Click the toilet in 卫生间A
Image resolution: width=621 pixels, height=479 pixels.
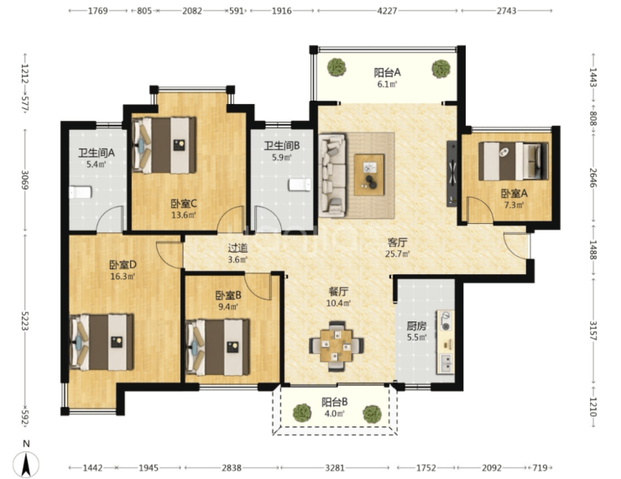coord(81,192)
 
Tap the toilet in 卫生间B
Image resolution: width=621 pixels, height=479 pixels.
coord(300,185)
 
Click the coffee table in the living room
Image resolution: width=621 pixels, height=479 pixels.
coord(369,174)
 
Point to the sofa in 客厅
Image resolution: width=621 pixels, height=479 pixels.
coord(332,175)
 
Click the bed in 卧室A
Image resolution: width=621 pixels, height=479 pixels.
coord(514,161)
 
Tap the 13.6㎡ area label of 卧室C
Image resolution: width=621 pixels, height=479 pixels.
coord(184,216)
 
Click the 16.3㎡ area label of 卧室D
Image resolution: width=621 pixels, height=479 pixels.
coord(123,276)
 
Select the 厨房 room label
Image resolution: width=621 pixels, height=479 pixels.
coord(416,326)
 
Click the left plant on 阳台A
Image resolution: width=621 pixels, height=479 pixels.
coord(337,67)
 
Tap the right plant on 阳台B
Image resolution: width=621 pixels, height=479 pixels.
coord(373,414)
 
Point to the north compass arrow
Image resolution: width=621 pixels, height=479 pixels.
coord(26,465)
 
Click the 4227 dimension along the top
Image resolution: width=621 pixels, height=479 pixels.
coord(387,11)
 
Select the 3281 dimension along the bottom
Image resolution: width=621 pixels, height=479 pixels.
coord(335,468)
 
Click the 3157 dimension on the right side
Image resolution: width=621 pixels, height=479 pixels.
coord(592,331)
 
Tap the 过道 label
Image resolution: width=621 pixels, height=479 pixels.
coord(237,248)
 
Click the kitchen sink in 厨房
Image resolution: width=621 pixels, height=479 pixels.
coord(446,363)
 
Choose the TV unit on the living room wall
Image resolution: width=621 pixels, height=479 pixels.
coord(451,174)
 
